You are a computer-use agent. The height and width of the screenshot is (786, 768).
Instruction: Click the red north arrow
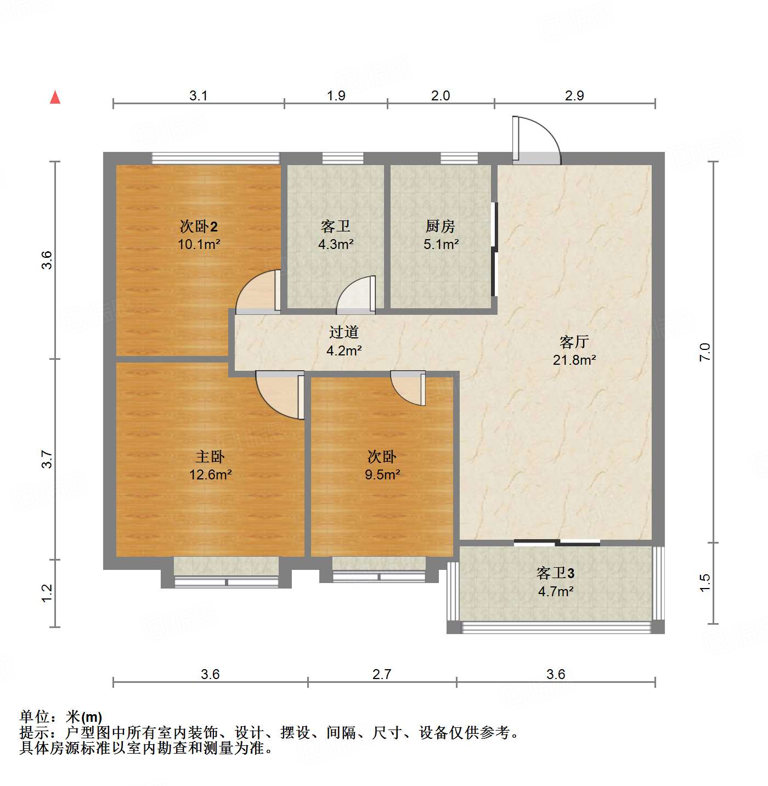tap(55, 98)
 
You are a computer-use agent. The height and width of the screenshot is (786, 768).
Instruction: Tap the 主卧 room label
tap(210, 456)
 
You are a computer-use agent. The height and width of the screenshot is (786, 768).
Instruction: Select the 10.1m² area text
tap(199, 245)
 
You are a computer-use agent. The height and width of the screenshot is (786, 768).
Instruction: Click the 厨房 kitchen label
tap(440, 226)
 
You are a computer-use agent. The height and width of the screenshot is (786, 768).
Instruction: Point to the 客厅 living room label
tap(574, 342)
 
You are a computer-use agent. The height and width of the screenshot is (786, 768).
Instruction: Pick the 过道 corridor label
tap(344, 332)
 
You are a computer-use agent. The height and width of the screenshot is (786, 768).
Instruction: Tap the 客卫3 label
tap(555, 573)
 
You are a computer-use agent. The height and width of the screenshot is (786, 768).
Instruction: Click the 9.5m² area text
tap(382, 474)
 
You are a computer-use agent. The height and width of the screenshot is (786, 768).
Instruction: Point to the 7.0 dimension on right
tap(705, 351)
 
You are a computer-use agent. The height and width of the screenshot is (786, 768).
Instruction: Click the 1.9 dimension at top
tap(336, 95)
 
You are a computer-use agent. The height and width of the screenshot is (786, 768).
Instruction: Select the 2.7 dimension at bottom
tap(382, 674)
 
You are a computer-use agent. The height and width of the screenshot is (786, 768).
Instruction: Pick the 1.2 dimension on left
tap(47, 592)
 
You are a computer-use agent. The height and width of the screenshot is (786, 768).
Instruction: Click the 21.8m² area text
tap(574, 360)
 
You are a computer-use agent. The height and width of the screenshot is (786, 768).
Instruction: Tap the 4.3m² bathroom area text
tap(336, 245)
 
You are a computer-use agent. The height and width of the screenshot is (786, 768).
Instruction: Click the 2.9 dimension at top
tap(574, 95)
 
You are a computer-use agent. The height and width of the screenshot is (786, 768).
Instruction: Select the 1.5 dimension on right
tap(705, 583)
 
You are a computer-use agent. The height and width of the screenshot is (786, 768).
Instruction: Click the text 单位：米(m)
tap(61, 716)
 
